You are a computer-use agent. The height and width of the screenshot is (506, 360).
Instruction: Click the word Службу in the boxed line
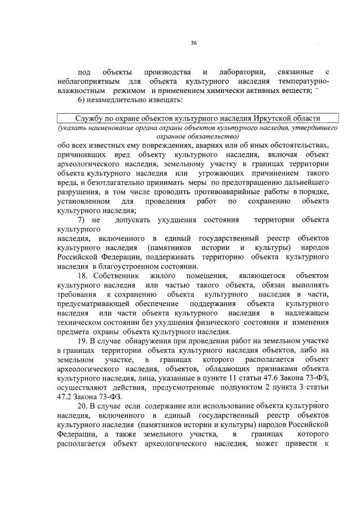(90, 119)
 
